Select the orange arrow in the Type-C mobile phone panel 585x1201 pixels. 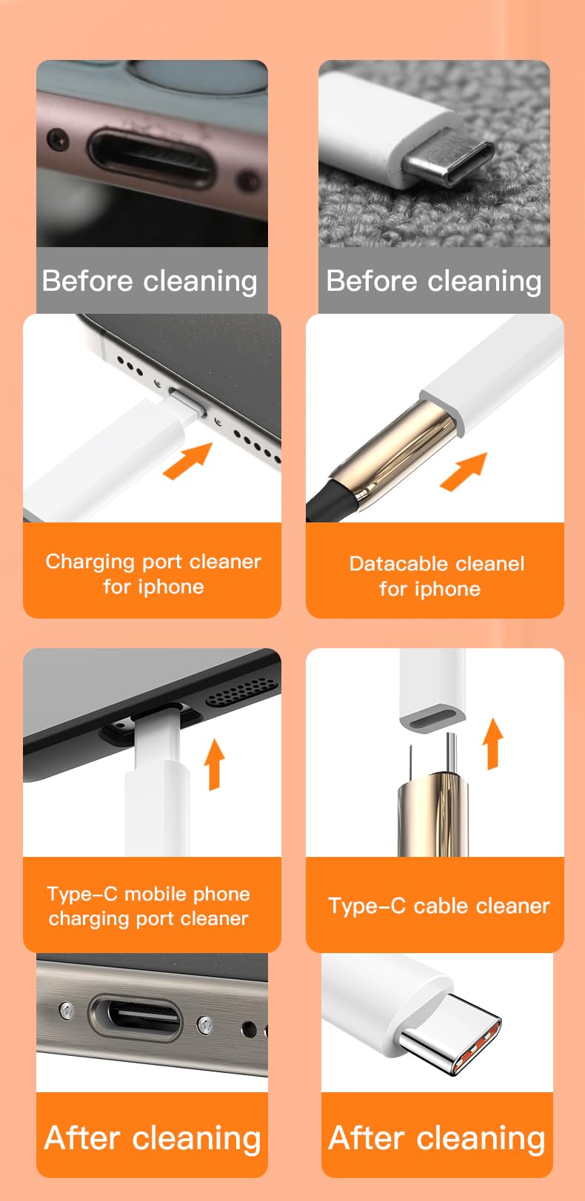coord(214,763)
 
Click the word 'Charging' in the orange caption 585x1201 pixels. coord(81,562)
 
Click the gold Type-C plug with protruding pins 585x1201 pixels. coord(433,807)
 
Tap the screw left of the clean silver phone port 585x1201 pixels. coord(67,1009)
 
